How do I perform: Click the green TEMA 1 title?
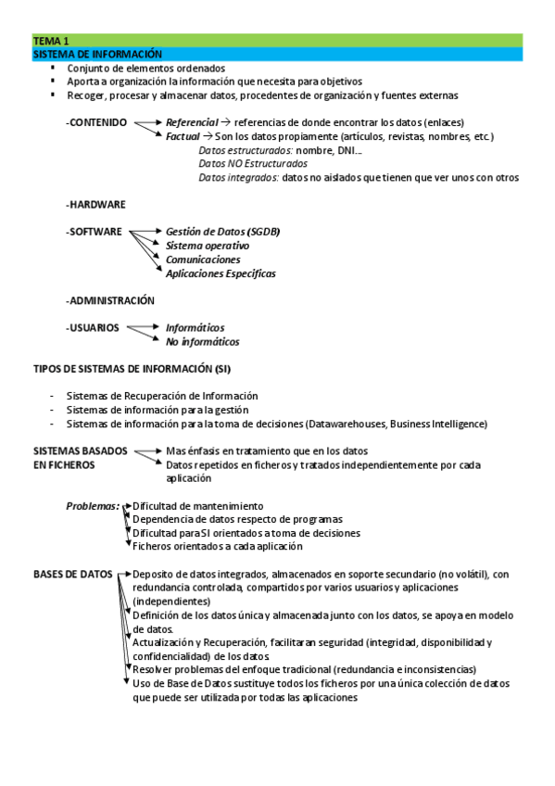pos(51,41)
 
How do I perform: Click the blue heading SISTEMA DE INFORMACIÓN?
pos(97,54)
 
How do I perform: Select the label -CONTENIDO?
pos(96,122)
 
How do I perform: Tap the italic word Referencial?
pos(191,122)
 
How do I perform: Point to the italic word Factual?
pos(183,136)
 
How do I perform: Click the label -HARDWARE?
pos(95,204)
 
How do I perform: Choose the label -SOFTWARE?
pos(94,231)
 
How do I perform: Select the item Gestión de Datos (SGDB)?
pos(222,231)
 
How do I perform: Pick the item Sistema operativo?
pos(207,246)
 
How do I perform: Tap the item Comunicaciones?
pos(202,260)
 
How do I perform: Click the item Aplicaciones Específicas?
pos(221,273)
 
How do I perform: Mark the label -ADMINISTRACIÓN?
pos(110,300)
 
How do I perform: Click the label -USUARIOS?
pos(93,327)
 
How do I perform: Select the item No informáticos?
pos(202,341)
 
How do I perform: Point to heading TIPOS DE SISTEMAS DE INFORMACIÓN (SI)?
pos(132,369)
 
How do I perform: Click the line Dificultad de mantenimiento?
pos(198,506)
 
